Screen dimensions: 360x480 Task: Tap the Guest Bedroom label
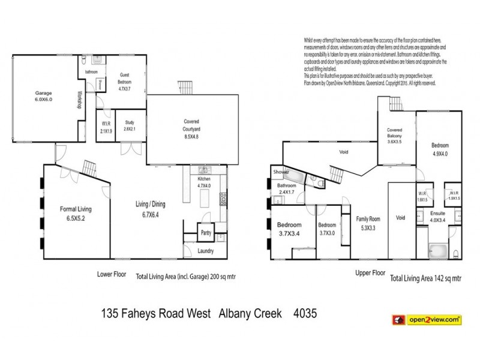(124, 77)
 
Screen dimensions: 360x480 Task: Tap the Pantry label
(205, 232)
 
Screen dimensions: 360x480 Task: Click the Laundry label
(206, 250)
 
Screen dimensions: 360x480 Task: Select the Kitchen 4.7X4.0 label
(205, 182)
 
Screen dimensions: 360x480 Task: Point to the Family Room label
(368, 223)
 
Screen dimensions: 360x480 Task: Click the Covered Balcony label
(394, 136)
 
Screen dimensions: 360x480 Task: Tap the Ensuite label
(437, 216)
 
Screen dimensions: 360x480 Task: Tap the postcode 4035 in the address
(304, 314)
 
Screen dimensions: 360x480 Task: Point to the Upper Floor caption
(370, 272)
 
